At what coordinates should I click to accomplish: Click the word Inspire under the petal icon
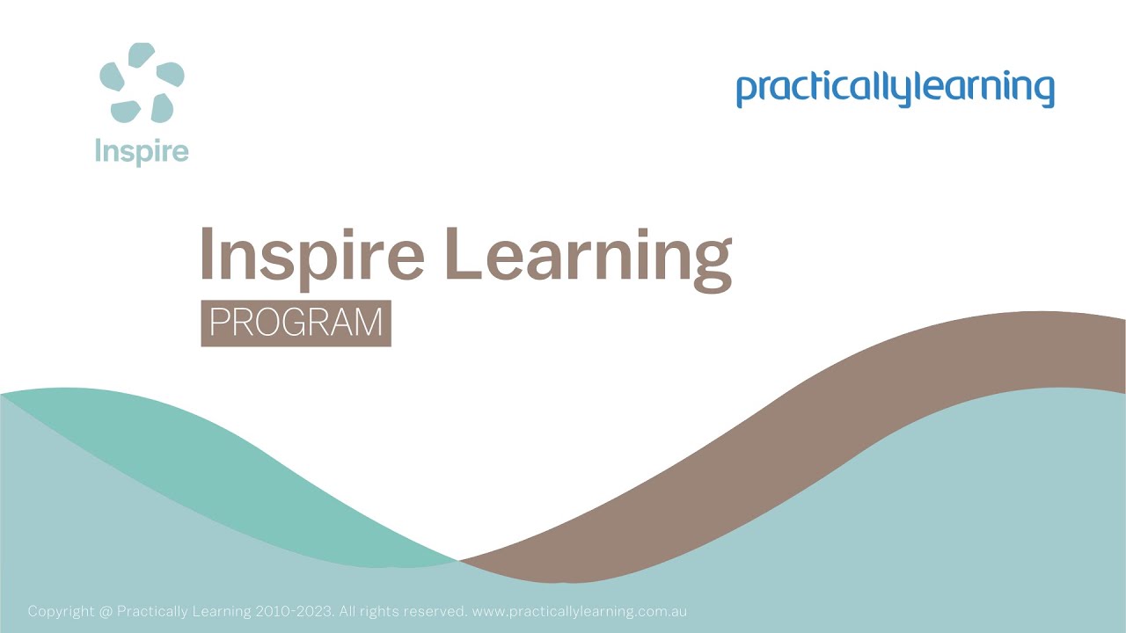coord(142,151)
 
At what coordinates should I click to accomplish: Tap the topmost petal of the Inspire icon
coord(141,55)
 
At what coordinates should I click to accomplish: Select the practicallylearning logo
coord(895,90)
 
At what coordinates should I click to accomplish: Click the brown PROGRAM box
coord(296,324)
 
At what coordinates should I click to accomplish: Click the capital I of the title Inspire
coord(208,253)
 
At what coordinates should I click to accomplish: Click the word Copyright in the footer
coord(60,611)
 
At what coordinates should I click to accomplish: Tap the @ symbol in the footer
coord(106,611)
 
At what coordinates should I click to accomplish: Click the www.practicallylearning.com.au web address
coord(579,611)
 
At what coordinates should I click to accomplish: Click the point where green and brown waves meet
coord(458,559)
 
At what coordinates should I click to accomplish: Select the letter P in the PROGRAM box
coord(219,324)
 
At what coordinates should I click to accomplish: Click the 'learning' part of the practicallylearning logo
coord(976,90)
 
